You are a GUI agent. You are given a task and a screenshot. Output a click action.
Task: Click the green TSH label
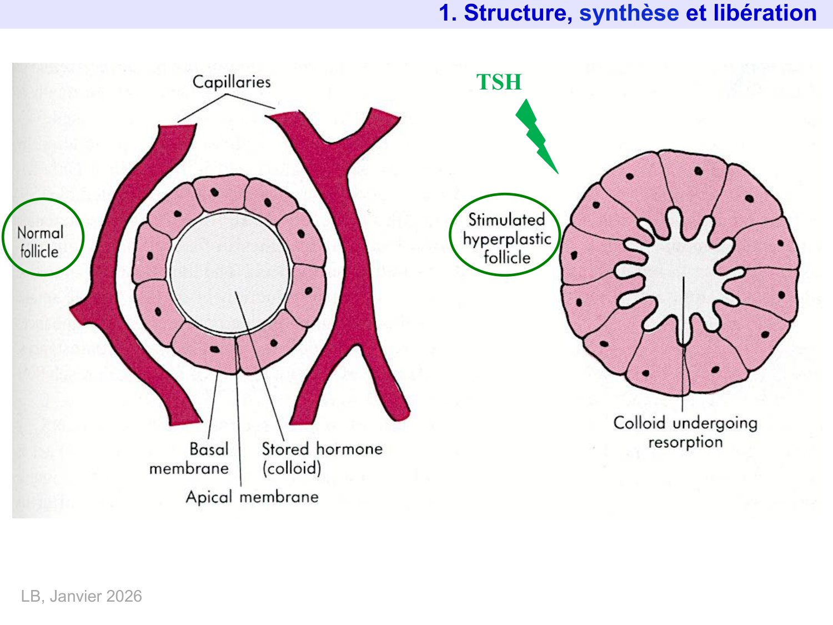(499, 82)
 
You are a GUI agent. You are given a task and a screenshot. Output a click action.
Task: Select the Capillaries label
(232, 82)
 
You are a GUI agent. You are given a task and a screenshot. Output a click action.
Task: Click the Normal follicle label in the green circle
(40, 242)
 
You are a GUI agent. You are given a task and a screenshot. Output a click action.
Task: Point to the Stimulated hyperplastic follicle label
(506, 238)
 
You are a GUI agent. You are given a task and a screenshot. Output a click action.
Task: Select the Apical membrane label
(252, 497)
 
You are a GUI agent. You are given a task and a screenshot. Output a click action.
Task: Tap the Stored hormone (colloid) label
(322, 458)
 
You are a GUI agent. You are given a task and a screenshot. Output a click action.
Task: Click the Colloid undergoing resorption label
(685, 432)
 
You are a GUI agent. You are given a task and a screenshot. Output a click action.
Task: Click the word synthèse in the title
(629, 13)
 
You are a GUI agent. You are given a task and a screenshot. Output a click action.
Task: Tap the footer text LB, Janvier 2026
(82, 596)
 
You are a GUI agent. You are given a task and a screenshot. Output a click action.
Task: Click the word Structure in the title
(517, 13)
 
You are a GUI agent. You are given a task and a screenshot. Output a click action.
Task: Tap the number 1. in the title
(448, 13)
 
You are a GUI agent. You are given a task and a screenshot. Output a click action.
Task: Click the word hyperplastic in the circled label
(506, 239)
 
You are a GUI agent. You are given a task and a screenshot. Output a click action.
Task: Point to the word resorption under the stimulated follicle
(685, 442)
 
